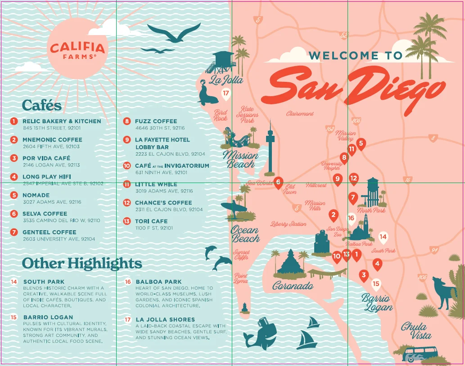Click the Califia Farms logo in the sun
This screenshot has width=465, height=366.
(77, 49)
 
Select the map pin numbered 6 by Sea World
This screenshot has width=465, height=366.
(278, 182)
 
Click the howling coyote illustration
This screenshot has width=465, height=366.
(443, 292)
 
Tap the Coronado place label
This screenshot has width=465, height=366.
(293, 286)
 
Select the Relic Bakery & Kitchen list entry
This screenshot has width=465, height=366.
(62, 121)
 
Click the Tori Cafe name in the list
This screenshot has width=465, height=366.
(151, 221)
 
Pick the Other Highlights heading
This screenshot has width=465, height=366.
(82, 263)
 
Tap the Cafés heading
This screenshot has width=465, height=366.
(41, 105)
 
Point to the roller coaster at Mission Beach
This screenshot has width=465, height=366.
(238, 139)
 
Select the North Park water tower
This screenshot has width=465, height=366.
(372, 191)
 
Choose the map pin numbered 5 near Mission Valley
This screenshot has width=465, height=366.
(361, 143)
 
